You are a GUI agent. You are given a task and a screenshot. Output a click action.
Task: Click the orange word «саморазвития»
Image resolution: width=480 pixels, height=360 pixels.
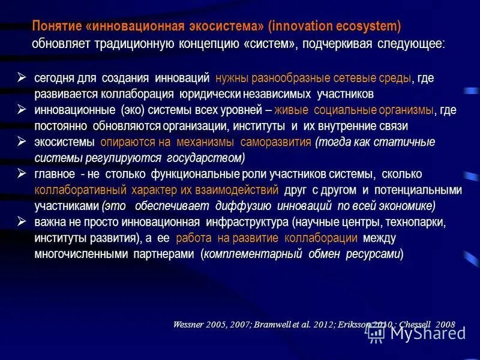point(275,142)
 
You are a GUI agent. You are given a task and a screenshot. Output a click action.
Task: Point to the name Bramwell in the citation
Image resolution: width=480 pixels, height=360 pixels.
point(275,325)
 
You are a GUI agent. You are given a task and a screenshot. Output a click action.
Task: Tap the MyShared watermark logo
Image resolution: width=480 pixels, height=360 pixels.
point(416,332)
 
